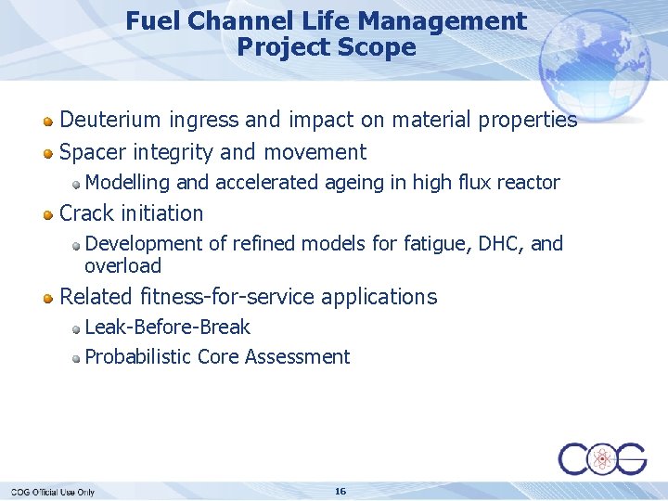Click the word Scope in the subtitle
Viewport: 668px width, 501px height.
[380, 47]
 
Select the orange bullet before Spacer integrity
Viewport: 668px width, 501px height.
[48, 153]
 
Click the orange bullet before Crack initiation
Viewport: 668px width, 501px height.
[48, 214]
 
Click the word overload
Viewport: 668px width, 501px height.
[122, 266]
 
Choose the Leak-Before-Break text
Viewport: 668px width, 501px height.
[167, 328]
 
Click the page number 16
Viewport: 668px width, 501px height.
[340, 491]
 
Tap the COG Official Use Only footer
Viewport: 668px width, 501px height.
[53, 492]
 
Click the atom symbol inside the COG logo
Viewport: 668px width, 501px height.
[602, 458]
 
